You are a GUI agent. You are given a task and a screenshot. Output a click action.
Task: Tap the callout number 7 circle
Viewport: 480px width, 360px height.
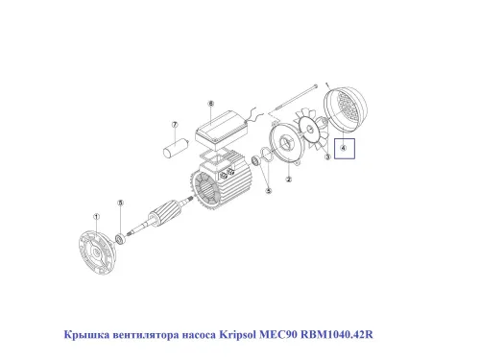(x=176, y=124)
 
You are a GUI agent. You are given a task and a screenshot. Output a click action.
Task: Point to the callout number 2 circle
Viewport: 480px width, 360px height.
(x=288, y=178)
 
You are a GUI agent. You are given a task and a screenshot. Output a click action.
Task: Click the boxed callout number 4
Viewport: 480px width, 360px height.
(x=343, y=149)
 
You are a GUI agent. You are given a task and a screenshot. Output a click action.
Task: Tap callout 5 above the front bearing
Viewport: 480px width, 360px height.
(x=120, y=203)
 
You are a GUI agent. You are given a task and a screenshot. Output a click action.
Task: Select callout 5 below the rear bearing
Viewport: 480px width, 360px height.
(x=268, y=191)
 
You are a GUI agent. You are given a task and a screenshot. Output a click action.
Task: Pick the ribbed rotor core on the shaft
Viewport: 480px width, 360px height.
(x=170, y=213)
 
